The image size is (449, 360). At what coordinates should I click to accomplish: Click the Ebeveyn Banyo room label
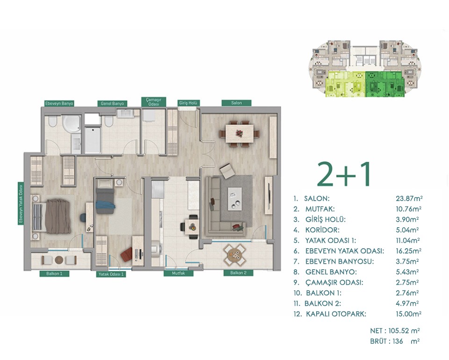[59, 103]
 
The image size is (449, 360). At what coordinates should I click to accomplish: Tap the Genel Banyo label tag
[112, 103]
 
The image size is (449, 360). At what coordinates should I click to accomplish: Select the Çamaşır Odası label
[154, 102]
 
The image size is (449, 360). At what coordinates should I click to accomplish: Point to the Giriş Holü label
[188, 103]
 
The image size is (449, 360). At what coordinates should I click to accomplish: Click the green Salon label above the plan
[237, 103]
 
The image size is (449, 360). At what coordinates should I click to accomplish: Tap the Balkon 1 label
[54, 274]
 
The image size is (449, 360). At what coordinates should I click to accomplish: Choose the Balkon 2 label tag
[239, 273]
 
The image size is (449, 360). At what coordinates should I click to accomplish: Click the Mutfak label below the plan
[178, 274]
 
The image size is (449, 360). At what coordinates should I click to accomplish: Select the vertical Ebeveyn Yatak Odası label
[21, 203]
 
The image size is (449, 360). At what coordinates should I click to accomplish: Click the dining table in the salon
[239, 133]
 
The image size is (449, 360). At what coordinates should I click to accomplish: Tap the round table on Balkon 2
[235, 255]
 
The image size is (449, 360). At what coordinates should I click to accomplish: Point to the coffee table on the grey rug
[234, 199]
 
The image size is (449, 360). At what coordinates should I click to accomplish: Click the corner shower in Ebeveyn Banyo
[71, 124]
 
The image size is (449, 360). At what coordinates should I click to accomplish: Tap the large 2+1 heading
[344, 174]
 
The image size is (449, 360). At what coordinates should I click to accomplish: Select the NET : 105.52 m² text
[395, 331]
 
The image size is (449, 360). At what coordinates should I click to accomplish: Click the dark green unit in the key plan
[384, 84]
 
